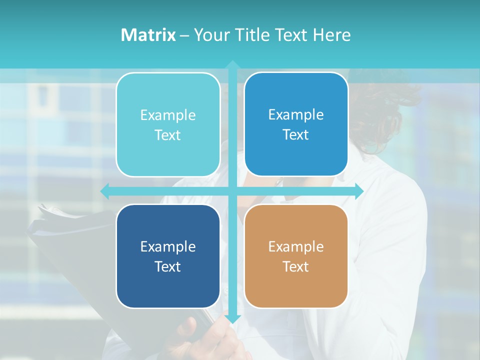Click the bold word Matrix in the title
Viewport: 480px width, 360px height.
click(x=148, y=35)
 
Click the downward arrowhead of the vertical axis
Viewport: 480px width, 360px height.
click(x=232, y=318)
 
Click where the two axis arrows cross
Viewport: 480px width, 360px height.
click(x=232, y=191)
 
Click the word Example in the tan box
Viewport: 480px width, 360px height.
click(x=296, y=246)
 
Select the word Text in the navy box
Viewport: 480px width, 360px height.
click(x=168, y=266)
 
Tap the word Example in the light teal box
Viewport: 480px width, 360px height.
click(x=168, y=115)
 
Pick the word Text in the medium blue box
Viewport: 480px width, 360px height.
click(x=296, y=135)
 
